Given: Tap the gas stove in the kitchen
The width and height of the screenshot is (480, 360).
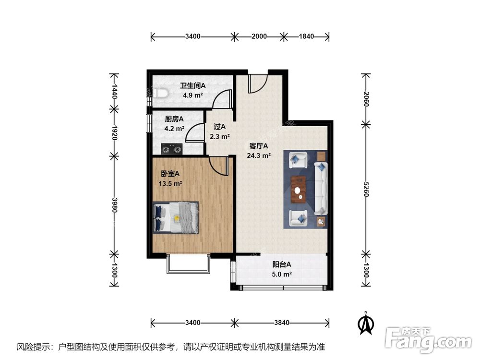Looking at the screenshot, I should coord(172,149).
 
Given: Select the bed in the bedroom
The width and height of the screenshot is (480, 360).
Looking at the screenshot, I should coord(176,217).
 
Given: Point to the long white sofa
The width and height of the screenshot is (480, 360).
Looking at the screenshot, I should coord(320,188).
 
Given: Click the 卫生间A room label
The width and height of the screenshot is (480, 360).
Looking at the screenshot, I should coord(192,86).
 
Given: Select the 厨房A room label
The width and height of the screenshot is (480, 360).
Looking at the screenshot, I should coord(174,119).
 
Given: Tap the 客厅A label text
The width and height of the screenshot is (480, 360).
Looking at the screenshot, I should coord(258,146).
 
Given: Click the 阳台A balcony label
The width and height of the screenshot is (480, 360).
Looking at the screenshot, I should coord(282,264).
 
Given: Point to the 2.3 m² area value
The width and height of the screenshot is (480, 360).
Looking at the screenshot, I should coord(219,136).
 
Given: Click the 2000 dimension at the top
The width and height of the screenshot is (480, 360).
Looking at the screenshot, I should coord(258,36).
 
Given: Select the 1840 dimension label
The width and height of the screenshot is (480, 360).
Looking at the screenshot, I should coord(306,36).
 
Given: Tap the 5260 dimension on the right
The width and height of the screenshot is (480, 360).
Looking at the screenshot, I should coord(366,189).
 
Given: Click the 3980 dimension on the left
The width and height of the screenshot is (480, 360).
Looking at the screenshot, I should coord(114,204).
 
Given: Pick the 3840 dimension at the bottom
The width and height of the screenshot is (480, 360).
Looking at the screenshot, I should coord(282,322).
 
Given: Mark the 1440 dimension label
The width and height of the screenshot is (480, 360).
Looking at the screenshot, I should coord(114,91).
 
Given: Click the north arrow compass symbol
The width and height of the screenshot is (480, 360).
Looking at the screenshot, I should coord(366,323).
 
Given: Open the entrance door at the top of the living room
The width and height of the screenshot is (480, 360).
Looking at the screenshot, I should coord(257,83).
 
